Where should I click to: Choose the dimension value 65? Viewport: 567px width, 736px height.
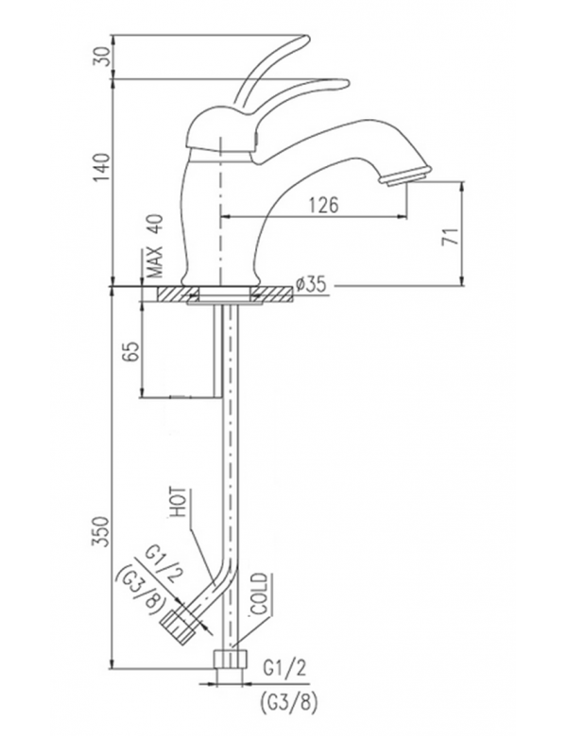(131, 350)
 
